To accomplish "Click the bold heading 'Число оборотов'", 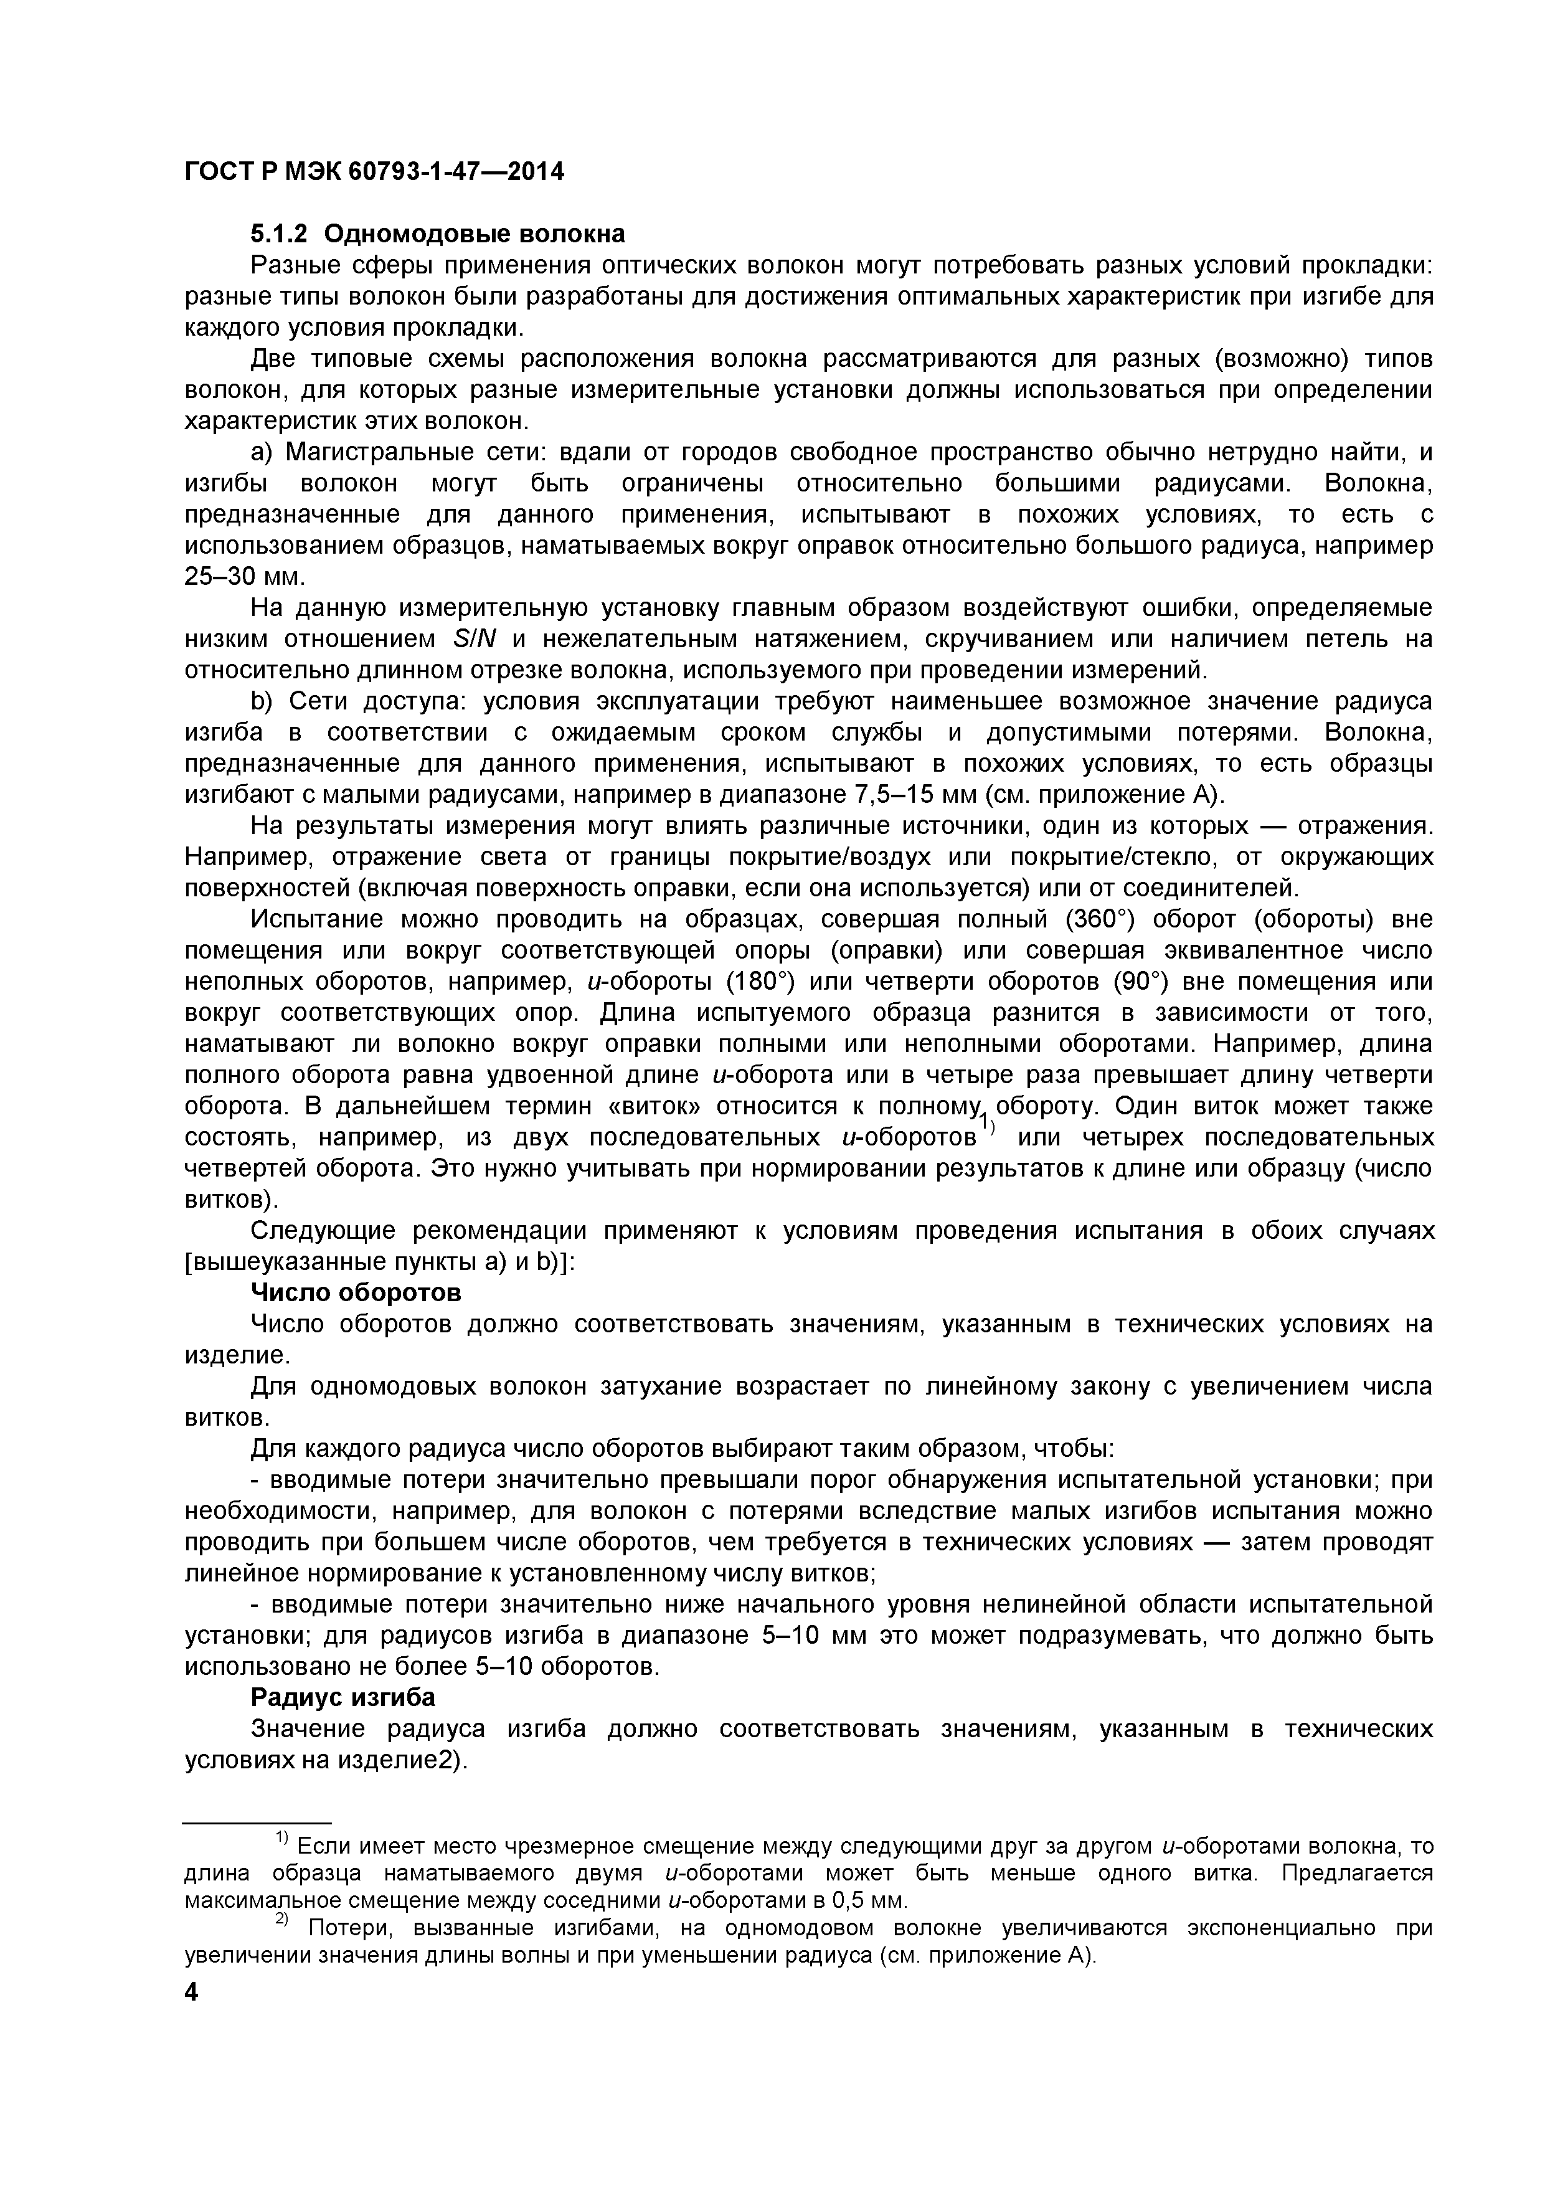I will pyautogui.click(x=356, y=1292).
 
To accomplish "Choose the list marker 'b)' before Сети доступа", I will pyautogui.click(x=262, y=701).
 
